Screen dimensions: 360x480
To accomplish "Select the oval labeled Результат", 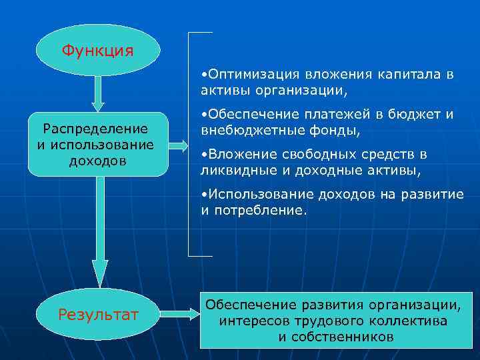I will point(98,313).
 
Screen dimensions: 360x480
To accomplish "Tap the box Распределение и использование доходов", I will point(97,144).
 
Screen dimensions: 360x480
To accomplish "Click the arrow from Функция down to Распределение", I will point(98,93).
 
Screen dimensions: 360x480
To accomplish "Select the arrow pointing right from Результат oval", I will point(178,313).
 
